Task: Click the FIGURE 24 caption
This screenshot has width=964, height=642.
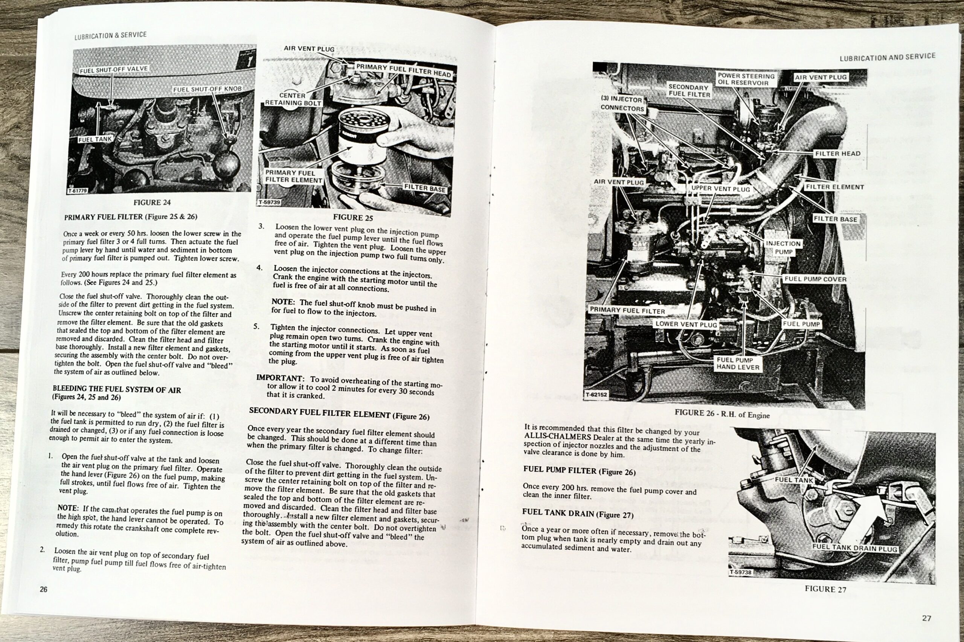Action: pyautogui.click(x=152, y=202)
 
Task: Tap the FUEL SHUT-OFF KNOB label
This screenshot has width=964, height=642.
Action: pyautogui.click(x=207, y=89)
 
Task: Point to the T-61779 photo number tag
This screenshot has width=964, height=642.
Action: pyautogui.click(x=77, y=191)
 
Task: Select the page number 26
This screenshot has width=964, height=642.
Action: pyautogui.click(x=44, y=590)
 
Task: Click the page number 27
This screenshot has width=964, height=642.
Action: pyautogui.click(x=926, y=618)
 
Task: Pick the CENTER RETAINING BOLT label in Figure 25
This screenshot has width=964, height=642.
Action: pyautogui.click(x=293, y=99)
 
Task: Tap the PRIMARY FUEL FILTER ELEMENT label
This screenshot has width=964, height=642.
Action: pyautogui.click(x=293, y=177)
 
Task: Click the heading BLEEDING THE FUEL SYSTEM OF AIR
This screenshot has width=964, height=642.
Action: pyautogui.click(x=117, y=389)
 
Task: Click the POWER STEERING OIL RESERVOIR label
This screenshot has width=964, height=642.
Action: pyautogui.click(x=746, y=79)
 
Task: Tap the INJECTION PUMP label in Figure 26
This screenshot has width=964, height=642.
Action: pyautogui.click(x=783, y=248)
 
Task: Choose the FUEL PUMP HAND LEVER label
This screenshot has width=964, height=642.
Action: pyautogui.click(x=738, y=364)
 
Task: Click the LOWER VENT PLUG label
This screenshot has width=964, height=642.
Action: pyautogui.click(x=686, y=324)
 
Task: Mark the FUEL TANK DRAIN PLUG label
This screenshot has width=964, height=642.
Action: pyautogui.click(x=855, y=548)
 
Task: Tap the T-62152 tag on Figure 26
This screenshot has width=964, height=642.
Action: pyautogui.click(x=596, y=395)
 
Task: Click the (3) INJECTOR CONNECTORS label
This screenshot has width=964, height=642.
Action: pyautogui.click(x=622, y=104)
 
